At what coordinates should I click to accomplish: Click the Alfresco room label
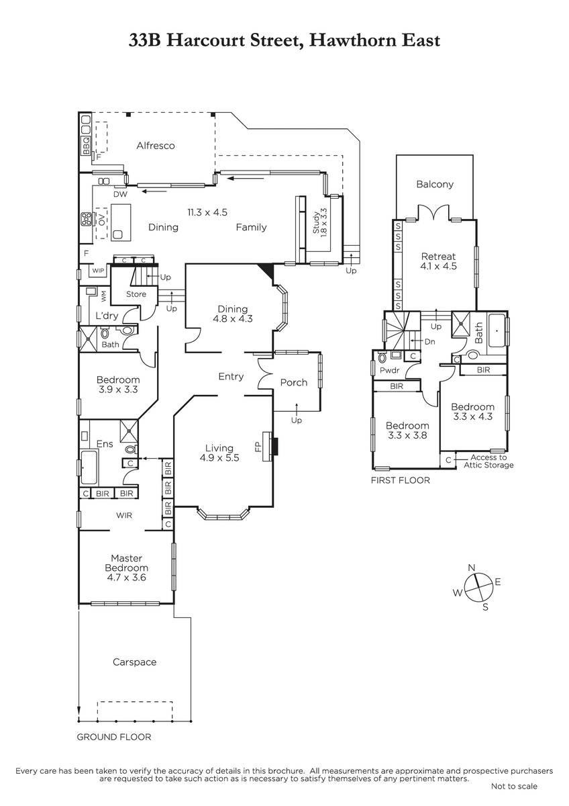click(156, 146)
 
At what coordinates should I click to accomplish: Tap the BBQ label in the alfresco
click(86, 145)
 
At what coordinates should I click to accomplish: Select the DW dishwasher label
click(120, 194)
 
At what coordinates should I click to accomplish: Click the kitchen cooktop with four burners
click(87, 219)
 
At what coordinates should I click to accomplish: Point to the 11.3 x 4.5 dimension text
click(207, 212)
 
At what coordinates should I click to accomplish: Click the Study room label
click(316, 223)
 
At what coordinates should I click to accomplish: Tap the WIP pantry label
click(98, 271)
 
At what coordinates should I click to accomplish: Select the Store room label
click(136, 294)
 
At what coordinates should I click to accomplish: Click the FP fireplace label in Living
click(258, 447)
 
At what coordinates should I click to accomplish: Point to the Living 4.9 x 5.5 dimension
click(219, 457)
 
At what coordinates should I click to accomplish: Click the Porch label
click(294, 382)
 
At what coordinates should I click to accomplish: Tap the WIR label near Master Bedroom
click(124, 515)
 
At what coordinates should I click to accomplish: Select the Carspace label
click(134, 662)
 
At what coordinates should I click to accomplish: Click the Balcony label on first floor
click(435, 184)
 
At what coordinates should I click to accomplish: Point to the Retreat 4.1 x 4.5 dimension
click(438, 266)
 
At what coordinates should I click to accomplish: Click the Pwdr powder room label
click(390, 370)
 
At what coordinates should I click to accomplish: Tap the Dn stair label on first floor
click(429, 341)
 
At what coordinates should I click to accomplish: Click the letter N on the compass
click(472, 568)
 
